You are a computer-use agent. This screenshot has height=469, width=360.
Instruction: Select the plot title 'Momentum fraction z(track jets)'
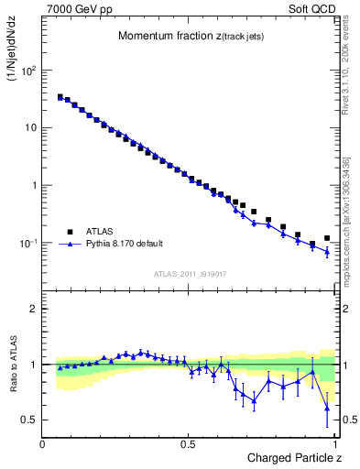pos(189,37)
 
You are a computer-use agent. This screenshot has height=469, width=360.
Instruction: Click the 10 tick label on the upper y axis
pos(30,127)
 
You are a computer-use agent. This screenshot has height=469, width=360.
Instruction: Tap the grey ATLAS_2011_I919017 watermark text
pos(189,273)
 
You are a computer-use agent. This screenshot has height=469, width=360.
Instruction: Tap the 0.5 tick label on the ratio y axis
pos(29,420)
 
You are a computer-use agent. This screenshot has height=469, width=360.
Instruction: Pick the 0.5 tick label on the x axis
pos(189,444)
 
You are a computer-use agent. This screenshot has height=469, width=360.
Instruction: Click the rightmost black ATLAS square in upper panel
pos(327,238)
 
